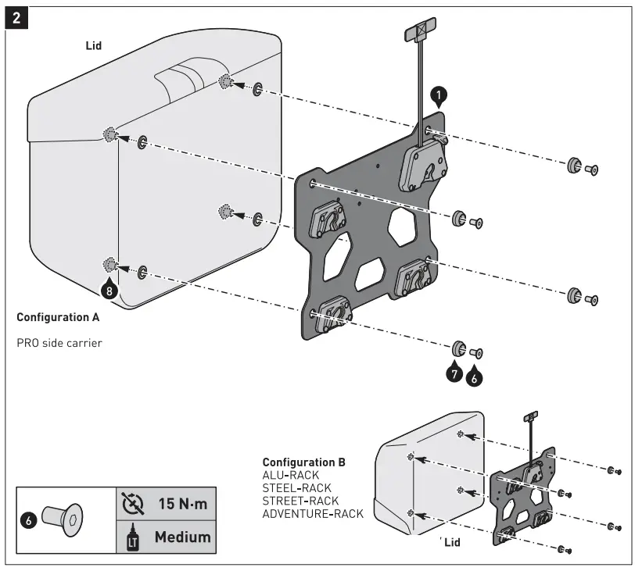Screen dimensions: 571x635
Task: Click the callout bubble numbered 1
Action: pos(439,95)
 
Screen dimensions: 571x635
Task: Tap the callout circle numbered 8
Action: pos(109,291)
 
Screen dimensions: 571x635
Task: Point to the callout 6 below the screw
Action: pos(474,377)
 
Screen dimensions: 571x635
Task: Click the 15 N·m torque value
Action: pos(182,504)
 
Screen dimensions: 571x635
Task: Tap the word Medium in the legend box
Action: pos(182,537)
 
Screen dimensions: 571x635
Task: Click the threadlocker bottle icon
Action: pos(130,537)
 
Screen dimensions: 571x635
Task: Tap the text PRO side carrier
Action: pos(59,342)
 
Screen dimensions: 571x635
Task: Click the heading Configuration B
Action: pos(303,462)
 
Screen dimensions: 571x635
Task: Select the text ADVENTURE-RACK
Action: pos(313,513)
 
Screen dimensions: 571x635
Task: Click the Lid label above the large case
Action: pos(94,46)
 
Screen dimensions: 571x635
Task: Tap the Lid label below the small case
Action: pos(452,541)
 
